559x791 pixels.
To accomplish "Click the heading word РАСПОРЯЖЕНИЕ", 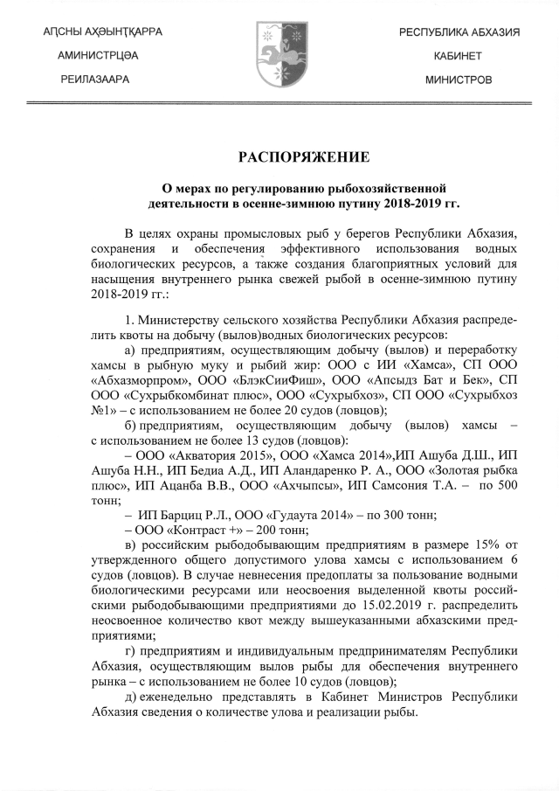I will [x=292, y=158].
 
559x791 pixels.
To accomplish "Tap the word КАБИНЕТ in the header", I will [x=458, y=55].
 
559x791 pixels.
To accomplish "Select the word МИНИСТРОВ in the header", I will [x=458, y=80].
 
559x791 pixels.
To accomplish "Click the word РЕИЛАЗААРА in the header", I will [x=95, y=80].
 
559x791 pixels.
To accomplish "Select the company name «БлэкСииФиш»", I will [x=245, y=382].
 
